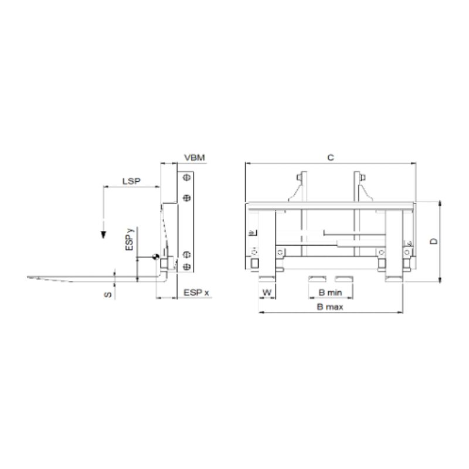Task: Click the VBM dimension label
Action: click(195, 158)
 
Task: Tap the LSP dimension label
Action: click(131, 181)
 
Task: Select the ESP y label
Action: click(130, 239)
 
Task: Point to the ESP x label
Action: click(196, 293)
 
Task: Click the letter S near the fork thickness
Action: click(108, 295)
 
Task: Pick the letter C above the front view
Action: click(331, 158)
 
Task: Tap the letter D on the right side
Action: click(433, 241)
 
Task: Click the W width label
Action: click(267, 292)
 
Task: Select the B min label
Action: click(330, 292)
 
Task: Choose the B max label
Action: click(330, 307)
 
